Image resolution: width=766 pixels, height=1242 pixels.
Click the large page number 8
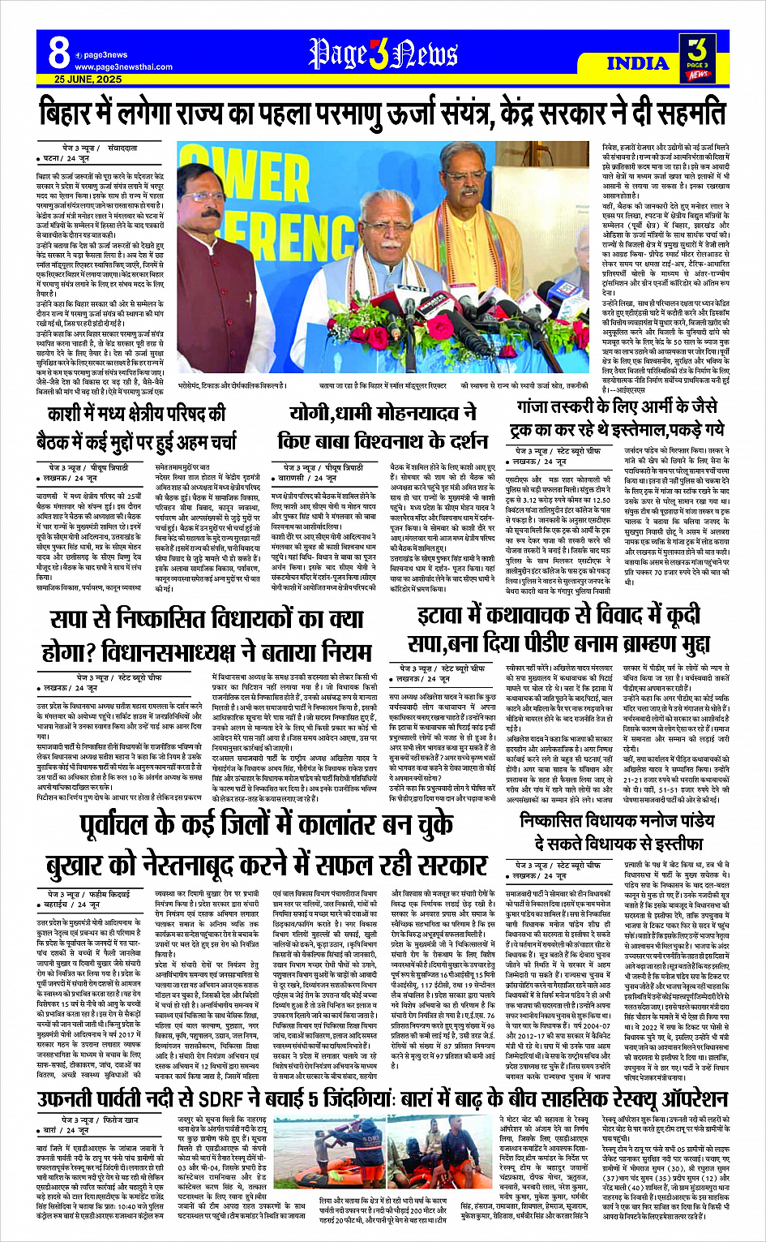click(58, 53)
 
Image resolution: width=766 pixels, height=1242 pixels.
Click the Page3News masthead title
click(383, 55)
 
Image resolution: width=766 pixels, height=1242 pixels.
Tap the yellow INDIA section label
click(637, 63)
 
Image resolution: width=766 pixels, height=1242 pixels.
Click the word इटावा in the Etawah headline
click(444, 616)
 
